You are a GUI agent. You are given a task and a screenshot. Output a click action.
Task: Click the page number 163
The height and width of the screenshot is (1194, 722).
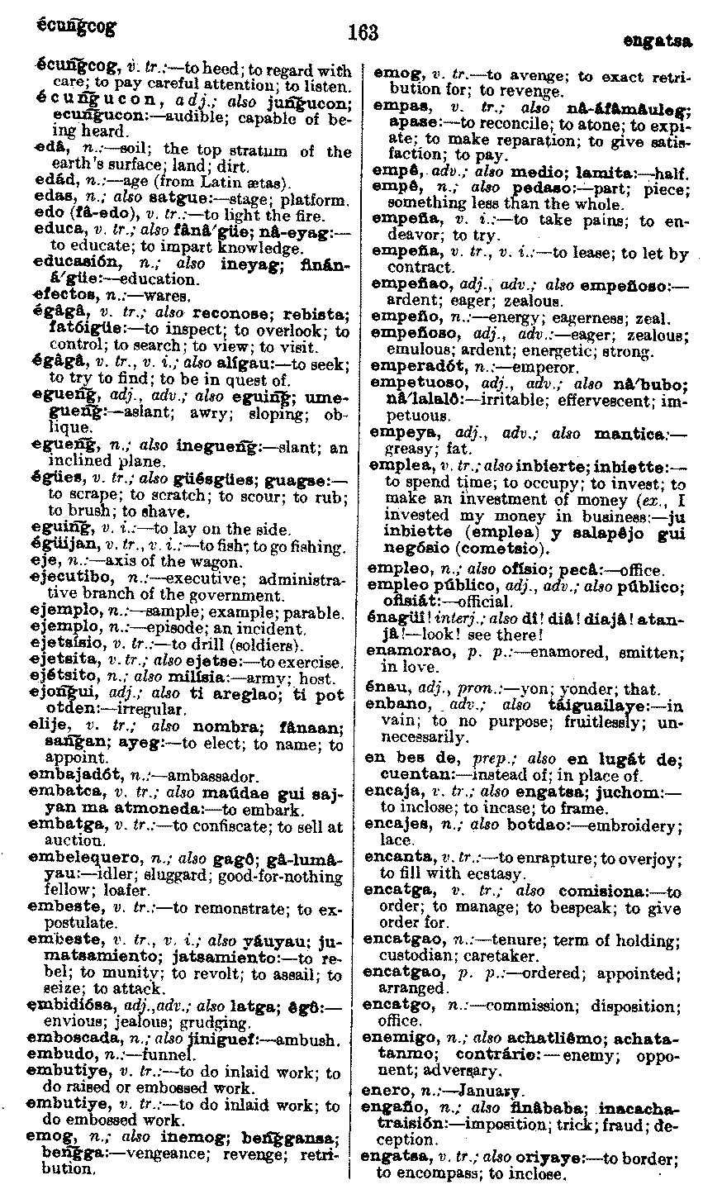(363, 32)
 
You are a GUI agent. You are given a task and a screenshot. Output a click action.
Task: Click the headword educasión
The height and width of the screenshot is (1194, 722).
(69, 264)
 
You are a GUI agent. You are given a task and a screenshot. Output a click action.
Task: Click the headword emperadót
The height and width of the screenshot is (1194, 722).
(408, 368)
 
